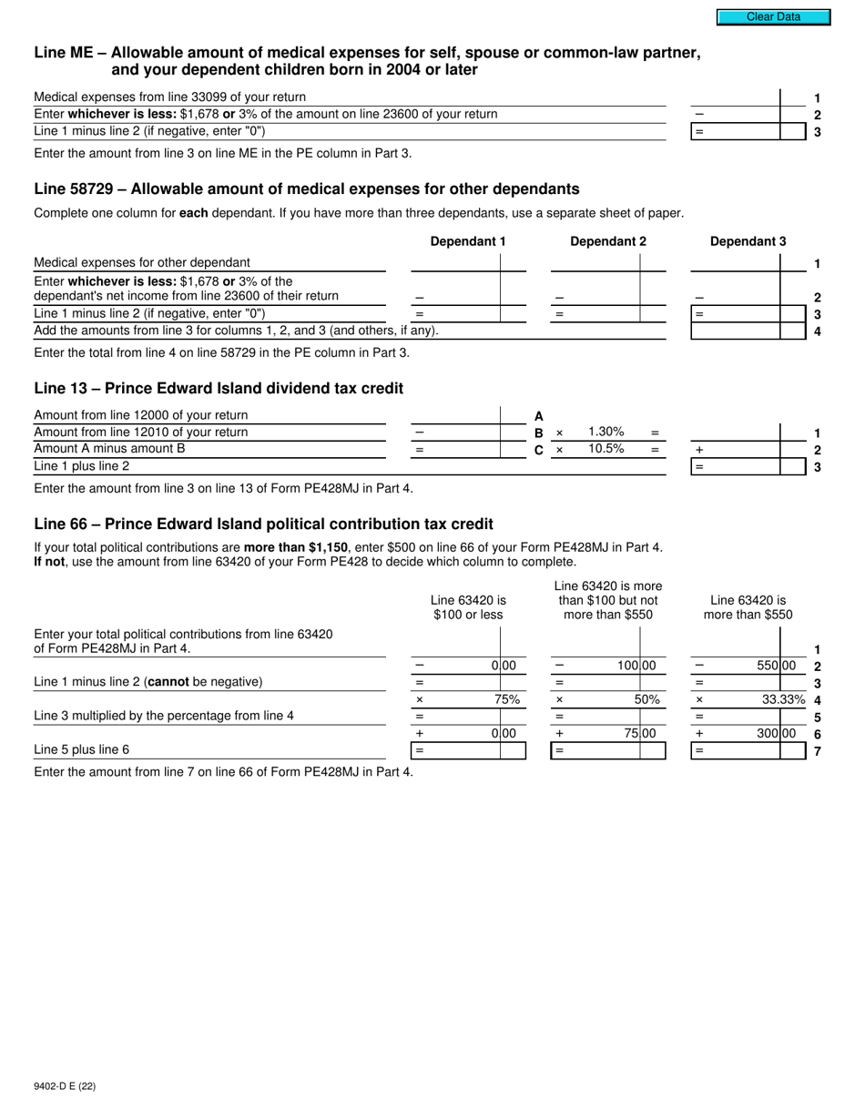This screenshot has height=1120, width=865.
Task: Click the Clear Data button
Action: coord(773,16)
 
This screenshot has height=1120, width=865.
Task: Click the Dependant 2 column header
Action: coord(607,241)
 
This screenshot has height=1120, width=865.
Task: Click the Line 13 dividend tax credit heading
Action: coord(219,388)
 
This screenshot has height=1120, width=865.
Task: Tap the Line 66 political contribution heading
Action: coord(263,524)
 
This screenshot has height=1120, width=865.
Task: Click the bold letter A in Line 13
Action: coord(538,415)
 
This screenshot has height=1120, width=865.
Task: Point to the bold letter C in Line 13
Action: coord(538,450)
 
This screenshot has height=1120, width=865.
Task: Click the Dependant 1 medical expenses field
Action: coord(455,262)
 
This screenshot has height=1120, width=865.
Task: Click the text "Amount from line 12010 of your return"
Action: coord(140,432)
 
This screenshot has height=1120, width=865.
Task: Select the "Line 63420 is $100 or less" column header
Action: coord(468,607)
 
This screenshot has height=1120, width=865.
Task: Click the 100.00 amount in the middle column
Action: coord(636,666)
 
